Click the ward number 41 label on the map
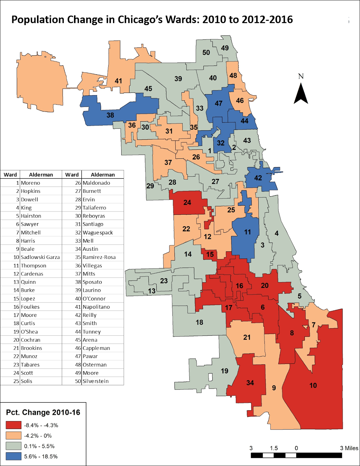118,81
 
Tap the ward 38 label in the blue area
110,115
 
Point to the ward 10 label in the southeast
313,385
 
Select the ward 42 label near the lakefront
258,178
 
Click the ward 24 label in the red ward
187,202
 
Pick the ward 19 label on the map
224,371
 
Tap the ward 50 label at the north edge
206,52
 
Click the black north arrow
301,93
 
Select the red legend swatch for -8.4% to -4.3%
13,425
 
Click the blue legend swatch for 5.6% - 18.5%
13,456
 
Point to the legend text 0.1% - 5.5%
39,446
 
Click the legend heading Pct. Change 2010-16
43,412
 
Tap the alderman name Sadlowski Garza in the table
40,257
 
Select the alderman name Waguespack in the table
98,232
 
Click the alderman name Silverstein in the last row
96,381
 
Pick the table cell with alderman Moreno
30,183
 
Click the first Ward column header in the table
10,175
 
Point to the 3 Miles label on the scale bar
349,448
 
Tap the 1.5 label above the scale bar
273,448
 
